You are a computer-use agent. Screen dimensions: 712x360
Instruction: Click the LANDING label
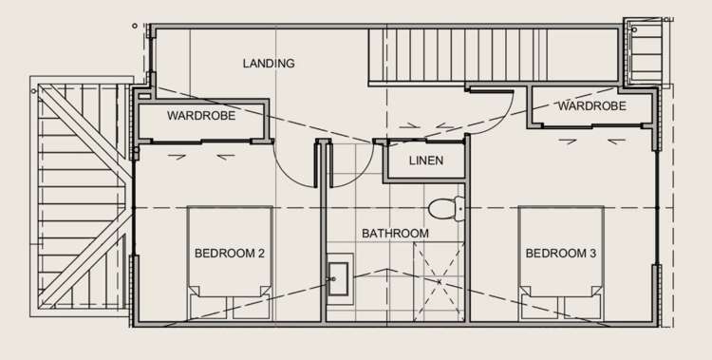coord(269,64)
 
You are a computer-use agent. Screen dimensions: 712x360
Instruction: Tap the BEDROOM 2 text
coord(230,253)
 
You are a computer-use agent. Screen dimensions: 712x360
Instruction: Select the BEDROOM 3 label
coord(560,253)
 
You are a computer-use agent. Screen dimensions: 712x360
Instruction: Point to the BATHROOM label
coord(395,234)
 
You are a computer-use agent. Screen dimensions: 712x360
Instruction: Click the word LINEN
coord(426,161)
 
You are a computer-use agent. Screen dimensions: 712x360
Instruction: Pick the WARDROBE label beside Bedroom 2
coord(201,116)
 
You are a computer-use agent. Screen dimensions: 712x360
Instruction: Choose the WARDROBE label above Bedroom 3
coord(591,105)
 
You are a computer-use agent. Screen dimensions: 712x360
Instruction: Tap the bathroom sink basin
coord(338,278)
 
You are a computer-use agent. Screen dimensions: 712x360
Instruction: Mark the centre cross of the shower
coord(440,282)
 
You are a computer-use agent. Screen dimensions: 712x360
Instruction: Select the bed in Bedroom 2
coord(230,263)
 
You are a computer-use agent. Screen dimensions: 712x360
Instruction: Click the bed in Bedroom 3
coord(561,263)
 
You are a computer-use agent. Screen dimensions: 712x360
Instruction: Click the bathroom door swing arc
coord(360,174)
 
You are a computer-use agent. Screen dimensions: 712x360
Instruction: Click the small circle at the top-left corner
coord(135,26)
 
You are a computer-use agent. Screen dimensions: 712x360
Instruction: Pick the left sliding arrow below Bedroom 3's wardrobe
coord(568,142)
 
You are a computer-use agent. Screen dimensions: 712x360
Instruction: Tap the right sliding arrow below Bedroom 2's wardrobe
coord(226,157)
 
